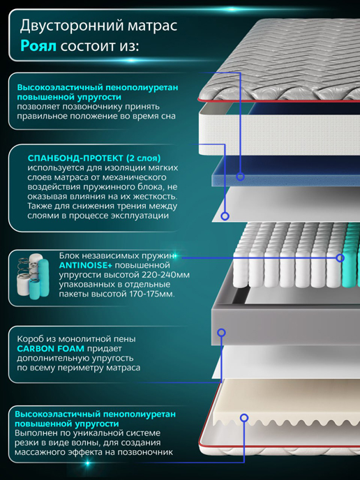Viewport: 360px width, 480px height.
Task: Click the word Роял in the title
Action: coord(38,46)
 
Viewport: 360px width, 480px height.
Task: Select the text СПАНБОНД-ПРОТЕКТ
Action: coord(75,158)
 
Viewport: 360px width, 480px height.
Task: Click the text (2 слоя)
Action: coord(143,158)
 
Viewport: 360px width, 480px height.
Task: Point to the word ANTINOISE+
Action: coord(85,265)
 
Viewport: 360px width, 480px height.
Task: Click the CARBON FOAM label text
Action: coord(50,348)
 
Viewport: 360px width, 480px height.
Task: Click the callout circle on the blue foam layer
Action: coord(240,177)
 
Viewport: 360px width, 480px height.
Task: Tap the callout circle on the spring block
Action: coord(340,257)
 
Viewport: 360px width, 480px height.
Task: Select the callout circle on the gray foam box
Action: coord(221,333)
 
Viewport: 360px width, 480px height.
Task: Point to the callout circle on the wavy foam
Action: coord(244,417)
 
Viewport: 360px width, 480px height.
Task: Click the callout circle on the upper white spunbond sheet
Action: coord(225,216)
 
